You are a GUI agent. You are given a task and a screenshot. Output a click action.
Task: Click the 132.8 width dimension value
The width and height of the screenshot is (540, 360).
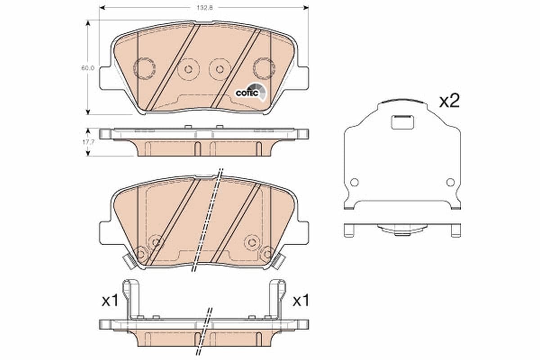pos(204,7)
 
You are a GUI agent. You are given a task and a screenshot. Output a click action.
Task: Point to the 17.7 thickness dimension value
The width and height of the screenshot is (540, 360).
pos(88,142)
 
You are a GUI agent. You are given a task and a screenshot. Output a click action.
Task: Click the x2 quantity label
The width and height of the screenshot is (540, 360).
pos(449,102)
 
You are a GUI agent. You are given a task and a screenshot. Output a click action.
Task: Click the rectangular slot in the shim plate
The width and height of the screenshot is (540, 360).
pos(402,122)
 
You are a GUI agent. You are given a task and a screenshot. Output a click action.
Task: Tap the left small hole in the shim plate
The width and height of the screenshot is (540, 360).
pos(354,182)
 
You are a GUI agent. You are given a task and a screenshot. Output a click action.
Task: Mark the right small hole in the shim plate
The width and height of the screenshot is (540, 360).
pos(450,182)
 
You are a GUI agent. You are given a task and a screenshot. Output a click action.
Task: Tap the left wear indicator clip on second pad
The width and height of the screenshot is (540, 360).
pos(130,261)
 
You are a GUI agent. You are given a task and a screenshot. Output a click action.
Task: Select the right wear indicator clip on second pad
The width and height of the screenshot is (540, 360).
pos(279,261)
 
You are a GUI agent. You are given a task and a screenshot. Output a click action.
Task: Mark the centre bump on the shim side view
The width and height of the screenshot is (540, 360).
pos(402,230)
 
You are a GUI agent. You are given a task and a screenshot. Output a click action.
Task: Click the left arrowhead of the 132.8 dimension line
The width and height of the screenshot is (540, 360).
pos(102,7)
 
